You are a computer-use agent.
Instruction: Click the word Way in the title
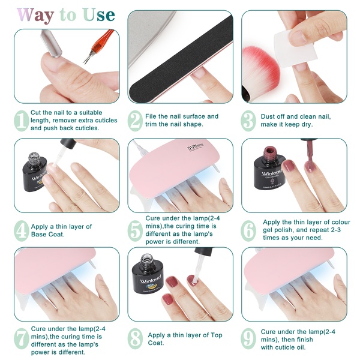[35, 16]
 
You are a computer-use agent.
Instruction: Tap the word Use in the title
[99, 14]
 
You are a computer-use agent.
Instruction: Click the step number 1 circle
[22, 121]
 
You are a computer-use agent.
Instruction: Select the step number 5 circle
[135, 230]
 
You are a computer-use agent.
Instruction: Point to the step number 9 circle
[248, 338]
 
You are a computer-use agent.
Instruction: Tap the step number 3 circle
[248, 121]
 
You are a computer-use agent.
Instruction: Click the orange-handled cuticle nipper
[98, 46]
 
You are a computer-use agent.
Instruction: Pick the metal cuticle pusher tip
[51, 43]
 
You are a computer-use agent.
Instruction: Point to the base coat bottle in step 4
[34, 172]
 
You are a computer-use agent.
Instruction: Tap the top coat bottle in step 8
[148, 274]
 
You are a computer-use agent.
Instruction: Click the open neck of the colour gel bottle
[269, 151]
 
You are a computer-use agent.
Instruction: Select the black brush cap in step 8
[203, 251]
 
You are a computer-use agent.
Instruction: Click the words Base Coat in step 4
[48, 235]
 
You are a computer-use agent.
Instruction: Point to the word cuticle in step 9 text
[285, 347]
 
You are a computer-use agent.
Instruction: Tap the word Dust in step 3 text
[267, 116]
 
